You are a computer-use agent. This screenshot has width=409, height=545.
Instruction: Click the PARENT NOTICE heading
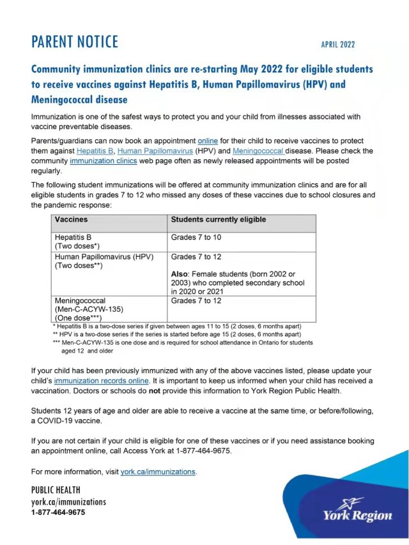[x=75, y=42]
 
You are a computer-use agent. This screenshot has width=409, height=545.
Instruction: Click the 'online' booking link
[x=208, y=141]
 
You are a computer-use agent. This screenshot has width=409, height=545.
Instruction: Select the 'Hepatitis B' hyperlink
[x=96, y=151]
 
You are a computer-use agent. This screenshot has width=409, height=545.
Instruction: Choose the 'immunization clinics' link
[x=104, y=161]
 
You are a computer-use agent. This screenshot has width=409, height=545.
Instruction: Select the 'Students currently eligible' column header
[x=218, y=220]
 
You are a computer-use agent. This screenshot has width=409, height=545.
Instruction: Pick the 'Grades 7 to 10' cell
[x=196, y=237]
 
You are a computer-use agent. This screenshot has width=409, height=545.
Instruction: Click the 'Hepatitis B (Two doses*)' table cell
[x=79, y=241]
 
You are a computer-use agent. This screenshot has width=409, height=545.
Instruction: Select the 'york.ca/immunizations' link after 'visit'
[x=158, y=472]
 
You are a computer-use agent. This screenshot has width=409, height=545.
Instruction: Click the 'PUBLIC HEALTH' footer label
[x=56, y=490]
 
